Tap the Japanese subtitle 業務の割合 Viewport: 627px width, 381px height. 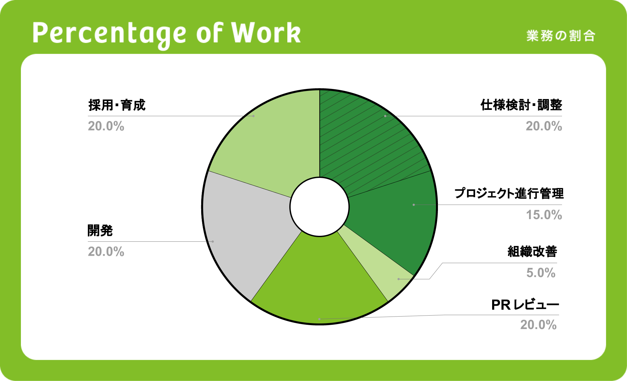click(x=561, y=36)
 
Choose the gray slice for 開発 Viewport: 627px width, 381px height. click(x=248, y=229)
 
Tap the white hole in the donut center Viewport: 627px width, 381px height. click(x=320, y=207)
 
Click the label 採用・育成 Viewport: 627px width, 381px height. click(x=117, y=105)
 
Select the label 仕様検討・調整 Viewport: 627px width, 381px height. click(x=521, y=105)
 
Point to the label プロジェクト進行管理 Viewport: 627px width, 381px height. click(x=509, y=193)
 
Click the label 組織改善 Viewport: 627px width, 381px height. click(x=532, y=251)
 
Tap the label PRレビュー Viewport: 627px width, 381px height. click(x=525, y=305)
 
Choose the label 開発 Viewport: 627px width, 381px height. click(x=100, y=231)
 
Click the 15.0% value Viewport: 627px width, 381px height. click(x=544, y=215)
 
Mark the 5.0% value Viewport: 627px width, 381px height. click(x=541, y=273)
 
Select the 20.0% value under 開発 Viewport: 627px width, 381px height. click(x=106, y=251)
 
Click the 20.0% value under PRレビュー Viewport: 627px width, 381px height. click(x=539, y=325)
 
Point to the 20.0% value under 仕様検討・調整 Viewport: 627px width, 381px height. click(x=544, y=126)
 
